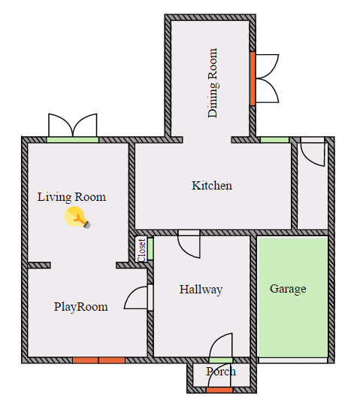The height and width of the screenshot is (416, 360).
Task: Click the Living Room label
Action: (71, 197)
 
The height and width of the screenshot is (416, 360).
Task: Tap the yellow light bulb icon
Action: (77, 218)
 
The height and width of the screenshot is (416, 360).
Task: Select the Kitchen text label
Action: (212, 185)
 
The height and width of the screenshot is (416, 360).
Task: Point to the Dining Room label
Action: (213, 83)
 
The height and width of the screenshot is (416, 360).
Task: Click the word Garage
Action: (288, 288)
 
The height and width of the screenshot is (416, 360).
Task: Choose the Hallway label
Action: (201, 289)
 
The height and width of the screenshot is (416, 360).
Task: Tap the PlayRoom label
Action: (80, 306)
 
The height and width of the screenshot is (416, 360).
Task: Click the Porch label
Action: (220, 372)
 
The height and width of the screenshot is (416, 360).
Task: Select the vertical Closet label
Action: (141, 250)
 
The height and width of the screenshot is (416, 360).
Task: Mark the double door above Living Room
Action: (73, 128)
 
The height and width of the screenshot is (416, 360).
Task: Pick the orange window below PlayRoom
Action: (98, 360)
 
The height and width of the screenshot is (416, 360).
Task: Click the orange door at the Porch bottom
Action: (219, 390)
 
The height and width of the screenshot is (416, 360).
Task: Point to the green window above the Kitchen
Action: (274, 140)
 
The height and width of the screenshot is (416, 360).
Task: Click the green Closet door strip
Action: (150, 248)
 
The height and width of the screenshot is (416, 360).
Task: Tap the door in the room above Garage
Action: (312, 152)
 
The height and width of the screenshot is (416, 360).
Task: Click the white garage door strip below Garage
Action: (293, 360)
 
